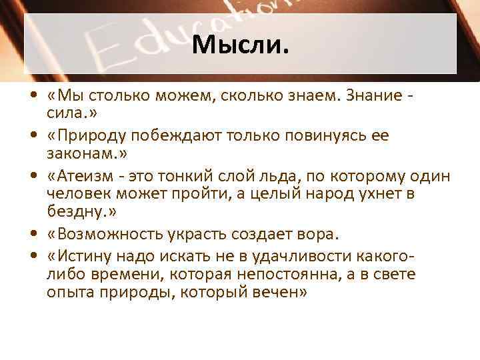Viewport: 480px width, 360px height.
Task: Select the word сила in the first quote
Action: click(x=63, y=113)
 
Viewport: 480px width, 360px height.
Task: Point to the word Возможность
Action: click(x=110, y=234)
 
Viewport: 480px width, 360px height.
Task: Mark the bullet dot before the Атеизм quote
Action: click(x=32, y=177)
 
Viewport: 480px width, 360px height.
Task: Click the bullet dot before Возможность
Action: click(x=32, y=235)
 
